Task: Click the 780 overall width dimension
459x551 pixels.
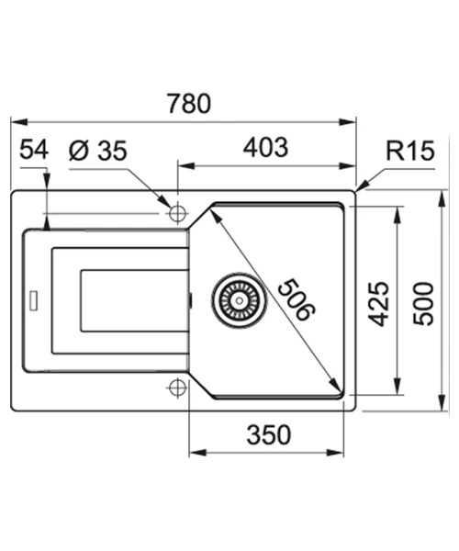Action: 189,104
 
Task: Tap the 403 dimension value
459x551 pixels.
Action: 266,147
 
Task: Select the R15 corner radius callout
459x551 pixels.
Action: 410,151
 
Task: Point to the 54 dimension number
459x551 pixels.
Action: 34,149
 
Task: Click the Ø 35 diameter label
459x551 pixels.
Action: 98,151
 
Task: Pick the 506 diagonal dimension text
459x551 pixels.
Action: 297,299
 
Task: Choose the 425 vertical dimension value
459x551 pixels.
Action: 378,304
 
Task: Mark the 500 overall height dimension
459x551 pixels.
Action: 423,304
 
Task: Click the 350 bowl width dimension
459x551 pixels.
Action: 269,434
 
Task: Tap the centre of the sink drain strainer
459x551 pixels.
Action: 240,300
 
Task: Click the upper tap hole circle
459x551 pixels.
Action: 177,213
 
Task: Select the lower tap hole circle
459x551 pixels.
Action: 177,388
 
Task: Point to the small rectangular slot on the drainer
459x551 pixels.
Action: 34,300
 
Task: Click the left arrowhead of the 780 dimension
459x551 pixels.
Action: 19,122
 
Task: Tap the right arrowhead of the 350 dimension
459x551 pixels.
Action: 335,452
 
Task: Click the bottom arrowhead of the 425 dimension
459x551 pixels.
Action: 397,387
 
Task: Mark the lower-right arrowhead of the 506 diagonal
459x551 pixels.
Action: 335,385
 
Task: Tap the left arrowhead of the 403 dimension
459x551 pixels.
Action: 186,166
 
